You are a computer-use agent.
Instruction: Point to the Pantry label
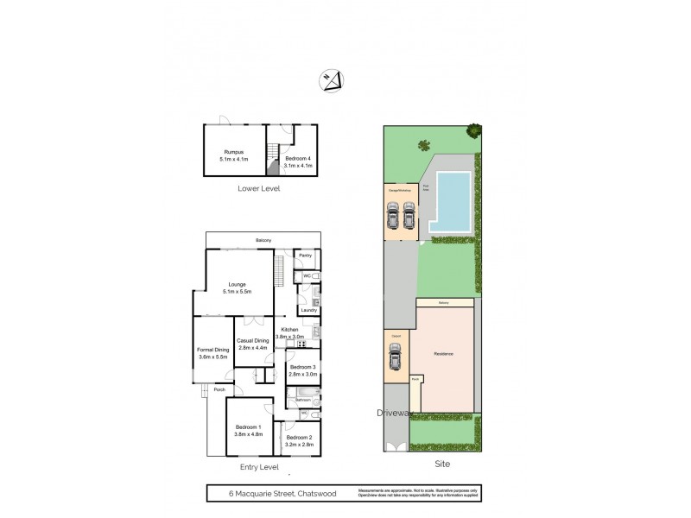point(305,256)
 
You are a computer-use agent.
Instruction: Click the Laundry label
point(308,310)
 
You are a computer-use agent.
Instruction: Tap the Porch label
point(219,390)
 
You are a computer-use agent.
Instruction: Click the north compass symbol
point(332,79)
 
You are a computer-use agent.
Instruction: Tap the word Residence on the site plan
point(443,354)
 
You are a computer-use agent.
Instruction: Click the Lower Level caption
point(259,188)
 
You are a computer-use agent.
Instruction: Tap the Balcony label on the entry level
point(263,240)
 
